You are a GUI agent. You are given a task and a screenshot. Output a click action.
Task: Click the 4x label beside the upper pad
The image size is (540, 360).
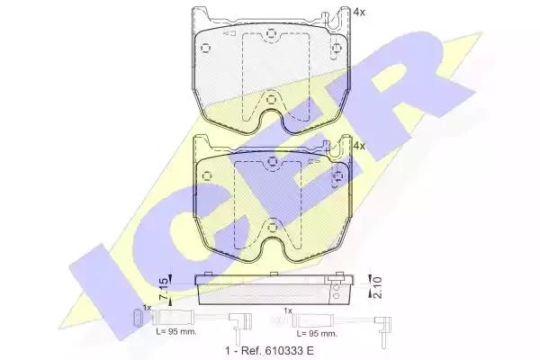[359, 12]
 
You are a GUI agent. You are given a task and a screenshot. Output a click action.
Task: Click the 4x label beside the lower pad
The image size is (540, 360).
[359, 146]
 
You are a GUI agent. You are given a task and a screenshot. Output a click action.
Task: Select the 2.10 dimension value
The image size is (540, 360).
[377, 286]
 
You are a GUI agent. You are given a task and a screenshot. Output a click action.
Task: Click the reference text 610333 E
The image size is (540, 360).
[289, 351]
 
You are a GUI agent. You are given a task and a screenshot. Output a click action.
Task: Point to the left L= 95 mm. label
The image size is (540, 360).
[176, 332]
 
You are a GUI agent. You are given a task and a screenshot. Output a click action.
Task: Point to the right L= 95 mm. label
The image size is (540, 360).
[317, 334]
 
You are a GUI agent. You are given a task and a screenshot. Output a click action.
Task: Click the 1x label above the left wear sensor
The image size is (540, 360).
[147, 308]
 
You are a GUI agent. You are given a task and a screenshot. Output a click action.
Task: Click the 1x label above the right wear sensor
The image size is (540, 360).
[288, 310]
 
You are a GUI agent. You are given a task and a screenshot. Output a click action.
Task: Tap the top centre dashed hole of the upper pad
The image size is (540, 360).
[272, 33]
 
